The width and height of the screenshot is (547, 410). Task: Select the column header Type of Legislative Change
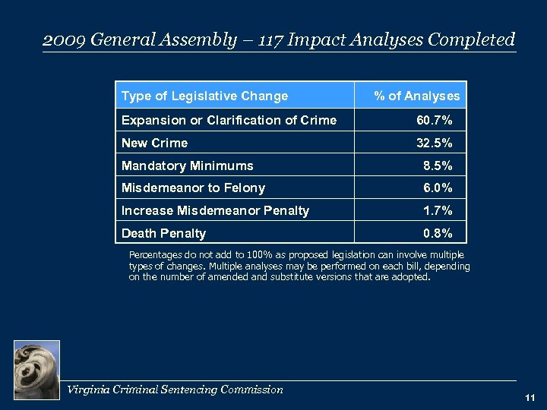pos(205,96)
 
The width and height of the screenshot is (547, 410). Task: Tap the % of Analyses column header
pos(416,96)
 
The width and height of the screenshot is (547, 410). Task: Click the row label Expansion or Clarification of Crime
pos(229,119)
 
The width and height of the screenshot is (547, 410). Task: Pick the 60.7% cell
pos(435,119)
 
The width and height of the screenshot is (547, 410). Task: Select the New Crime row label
pos(155,143)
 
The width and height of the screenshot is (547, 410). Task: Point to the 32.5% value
pos(435,143)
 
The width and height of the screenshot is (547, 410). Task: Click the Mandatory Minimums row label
pos(188,166)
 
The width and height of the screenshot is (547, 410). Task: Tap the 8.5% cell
pos(438,166)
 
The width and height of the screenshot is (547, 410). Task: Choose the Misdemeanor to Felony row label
pos(194,188)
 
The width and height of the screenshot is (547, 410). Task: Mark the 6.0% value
pos(438,188)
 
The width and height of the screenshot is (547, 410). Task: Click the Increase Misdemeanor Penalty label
pos(216,210)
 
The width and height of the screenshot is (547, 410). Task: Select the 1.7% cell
pos(438,210)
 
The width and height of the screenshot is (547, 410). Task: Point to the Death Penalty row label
pos(164,233)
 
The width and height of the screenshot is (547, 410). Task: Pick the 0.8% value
pos(438,233)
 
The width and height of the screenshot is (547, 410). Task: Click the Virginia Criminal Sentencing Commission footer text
pos(175,389)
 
